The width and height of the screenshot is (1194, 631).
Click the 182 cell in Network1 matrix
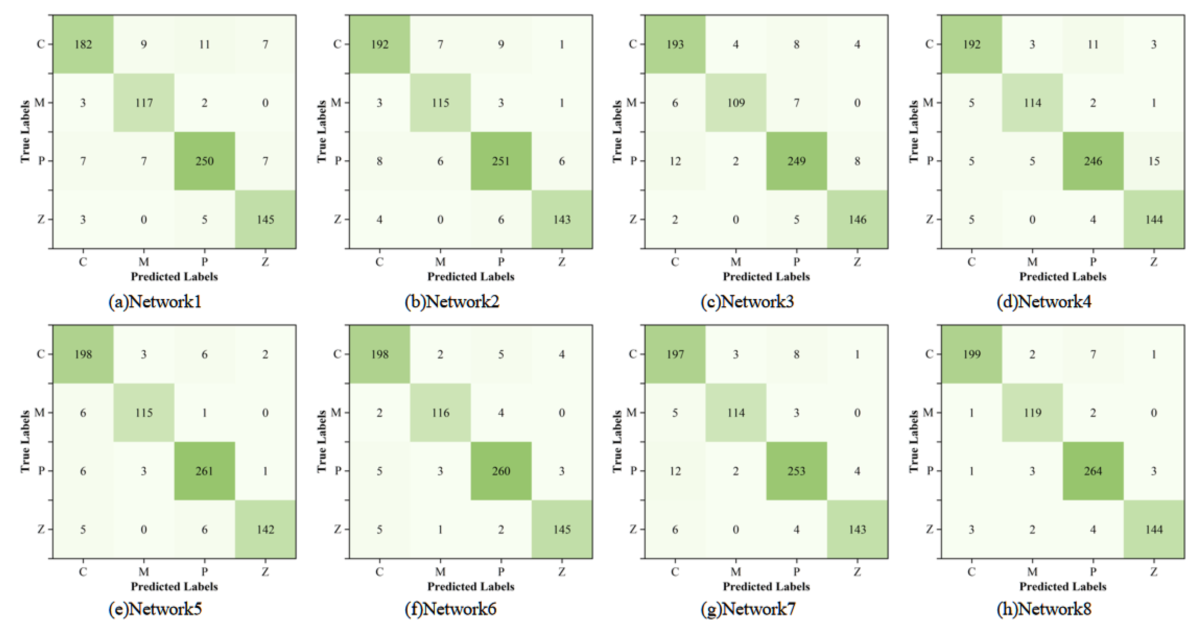(83, 45)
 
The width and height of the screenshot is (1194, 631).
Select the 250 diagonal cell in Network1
(204, 161)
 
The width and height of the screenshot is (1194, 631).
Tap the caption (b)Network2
(452, 302)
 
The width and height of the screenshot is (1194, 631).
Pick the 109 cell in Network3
(735, 103)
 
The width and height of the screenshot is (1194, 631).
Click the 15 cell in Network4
(1154, 161)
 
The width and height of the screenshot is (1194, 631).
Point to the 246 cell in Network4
(1093, 161)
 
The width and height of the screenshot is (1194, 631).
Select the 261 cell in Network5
(204, 471)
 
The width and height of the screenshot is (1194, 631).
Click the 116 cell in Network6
(440, 413)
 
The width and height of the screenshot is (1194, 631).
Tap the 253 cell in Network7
(796, 471)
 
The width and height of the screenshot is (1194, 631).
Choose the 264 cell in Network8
(1093, 471)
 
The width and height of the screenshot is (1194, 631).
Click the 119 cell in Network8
(1032, 413)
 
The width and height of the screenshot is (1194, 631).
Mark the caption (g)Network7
(748, 609)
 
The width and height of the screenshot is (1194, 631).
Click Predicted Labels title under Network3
(766, 277)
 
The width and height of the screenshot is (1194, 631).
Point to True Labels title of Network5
(25, 441)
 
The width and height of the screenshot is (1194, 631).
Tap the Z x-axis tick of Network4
(1154, 262)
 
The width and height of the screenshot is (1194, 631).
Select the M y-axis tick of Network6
(337, 412)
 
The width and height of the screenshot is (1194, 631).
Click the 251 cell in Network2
(501, 161)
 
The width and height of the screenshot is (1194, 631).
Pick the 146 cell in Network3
(857, 220)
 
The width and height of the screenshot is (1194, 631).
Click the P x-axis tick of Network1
(204, 262)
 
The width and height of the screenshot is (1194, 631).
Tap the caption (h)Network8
(1044, 609)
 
